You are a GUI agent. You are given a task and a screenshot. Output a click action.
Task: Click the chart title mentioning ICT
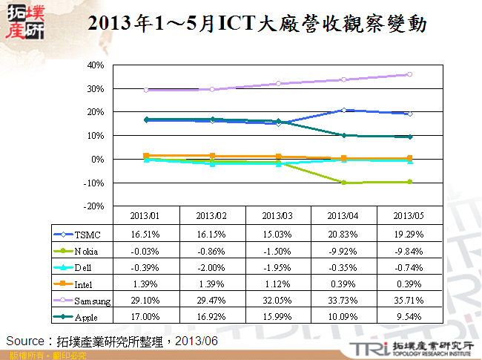257,24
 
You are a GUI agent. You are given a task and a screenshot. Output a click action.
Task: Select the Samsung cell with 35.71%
409,301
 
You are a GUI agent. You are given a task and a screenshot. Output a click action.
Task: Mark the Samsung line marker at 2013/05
409,74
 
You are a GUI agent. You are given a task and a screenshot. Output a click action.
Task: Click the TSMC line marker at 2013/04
344,110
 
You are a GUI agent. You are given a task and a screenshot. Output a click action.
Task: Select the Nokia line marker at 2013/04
344,183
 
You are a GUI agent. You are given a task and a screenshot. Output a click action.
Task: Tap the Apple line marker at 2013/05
409,137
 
